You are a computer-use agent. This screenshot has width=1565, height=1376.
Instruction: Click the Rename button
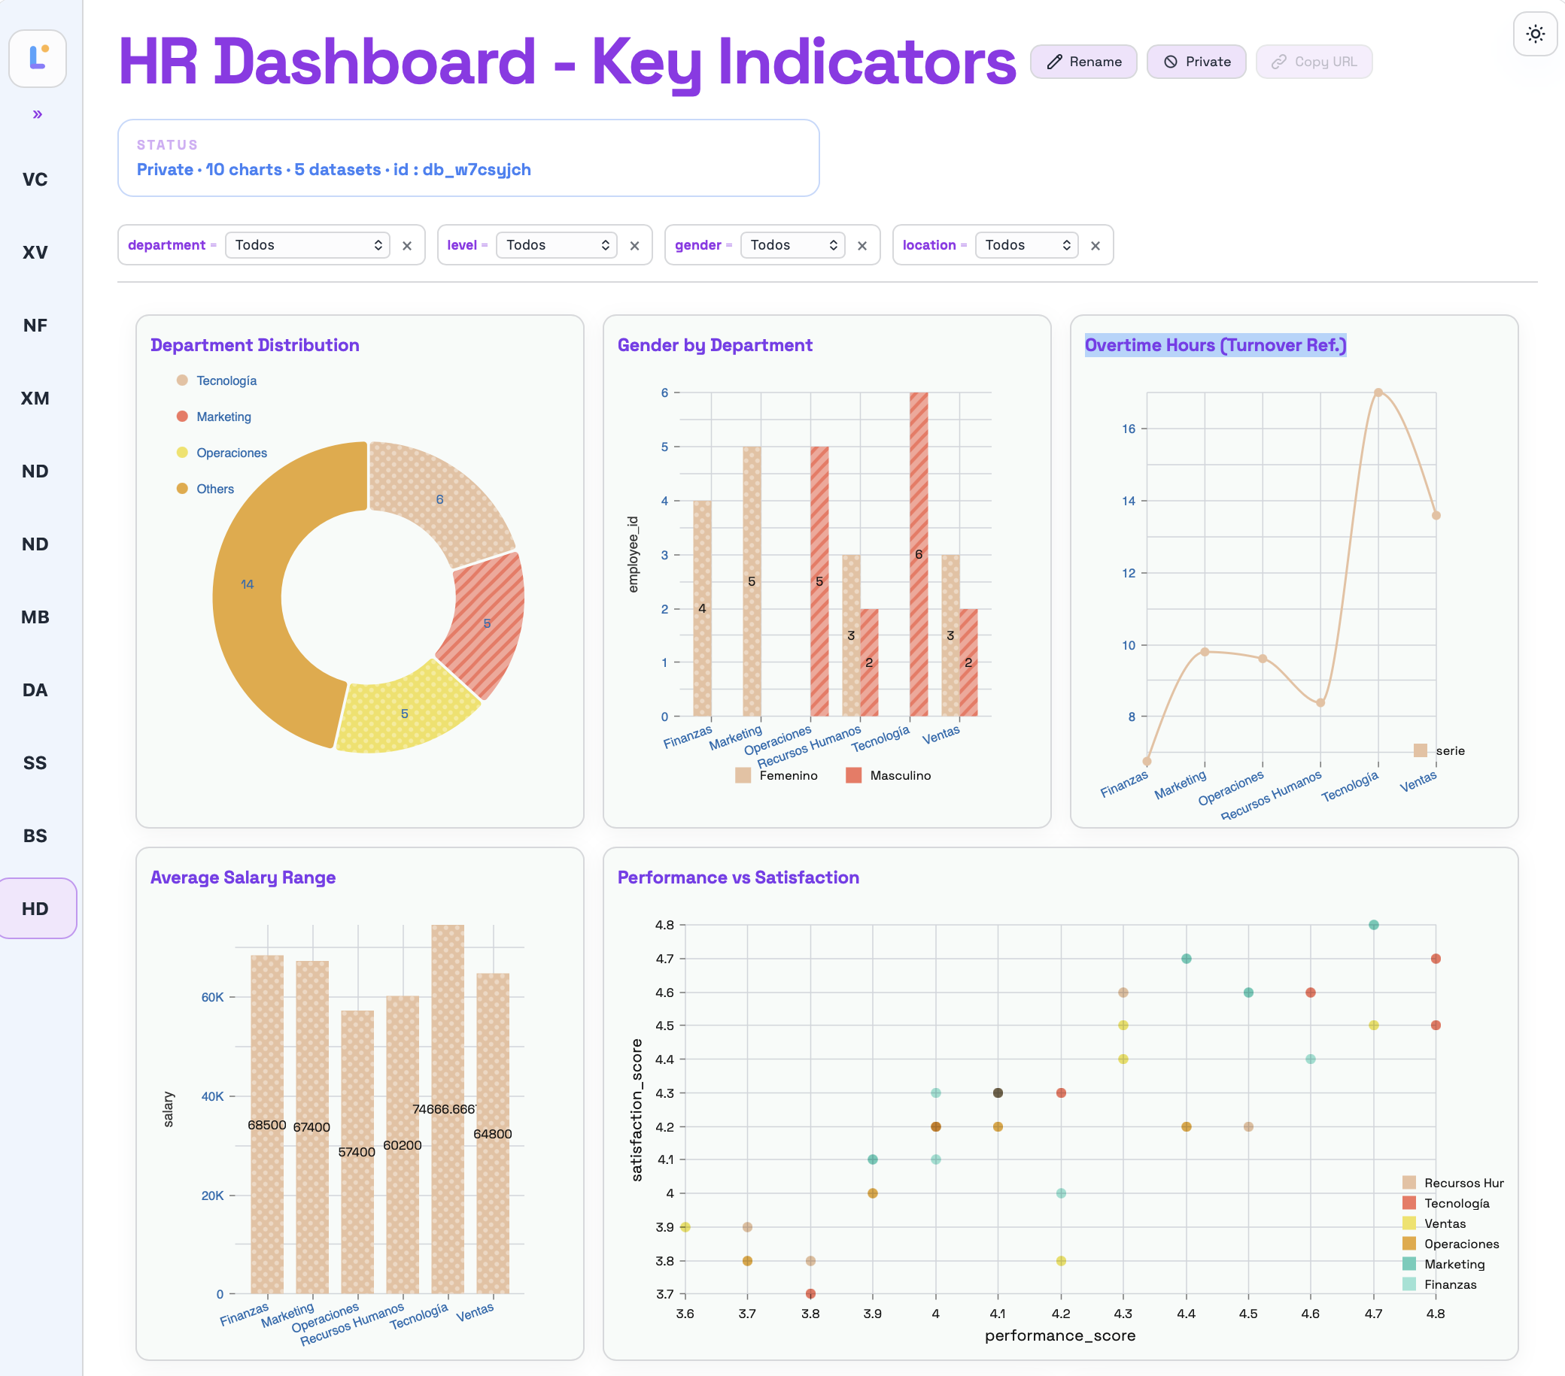tap(1083, 62)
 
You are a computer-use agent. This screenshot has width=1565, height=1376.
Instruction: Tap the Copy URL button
tap(1313, 62)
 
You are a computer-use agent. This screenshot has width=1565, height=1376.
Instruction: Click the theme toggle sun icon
tap(1535, 35)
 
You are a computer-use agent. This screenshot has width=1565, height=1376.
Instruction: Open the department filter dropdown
tap(307, 245)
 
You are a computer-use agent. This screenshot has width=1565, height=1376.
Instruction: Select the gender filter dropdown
tap(792, 245)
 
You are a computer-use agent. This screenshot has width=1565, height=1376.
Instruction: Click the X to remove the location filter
tap(1095, 246)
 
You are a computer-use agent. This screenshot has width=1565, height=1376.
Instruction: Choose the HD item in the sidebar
tap(35, 908)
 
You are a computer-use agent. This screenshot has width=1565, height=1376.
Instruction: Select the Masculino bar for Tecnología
tap(919, 554)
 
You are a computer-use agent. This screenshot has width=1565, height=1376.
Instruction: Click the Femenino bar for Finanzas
tap(702, 608)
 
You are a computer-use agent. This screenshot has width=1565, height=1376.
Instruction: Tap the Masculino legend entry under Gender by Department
tap(888, 775)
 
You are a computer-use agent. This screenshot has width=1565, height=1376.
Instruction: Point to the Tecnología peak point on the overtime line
tap(1378, 392)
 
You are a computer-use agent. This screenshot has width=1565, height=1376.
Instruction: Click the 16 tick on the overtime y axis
tap(1129, 429)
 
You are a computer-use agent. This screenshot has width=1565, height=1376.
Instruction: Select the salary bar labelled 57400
tap(357, 1152)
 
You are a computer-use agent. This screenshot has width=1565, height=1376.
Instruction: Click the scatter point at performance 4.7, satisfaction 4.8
tap(1374, 924)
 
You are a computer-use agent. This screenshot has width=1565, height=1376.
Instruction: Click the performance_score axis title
tap(1059, 1335)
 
